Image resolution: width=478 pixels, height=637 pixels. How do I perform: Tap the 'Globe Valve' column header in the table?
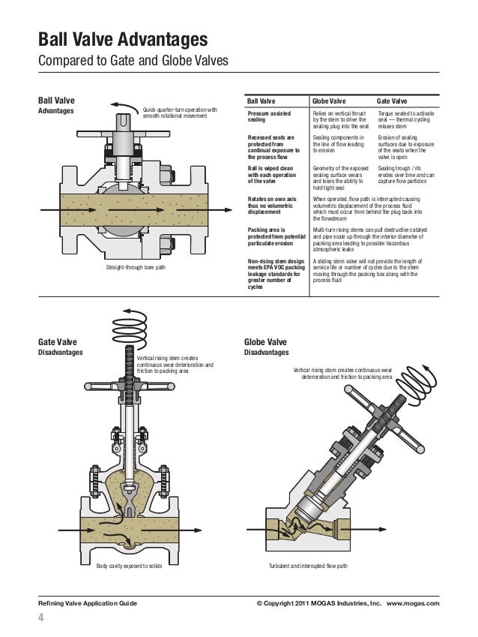coord(329,100)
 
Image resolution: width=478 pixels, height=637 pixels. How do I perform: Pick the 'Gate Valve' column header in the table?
coord(393,100)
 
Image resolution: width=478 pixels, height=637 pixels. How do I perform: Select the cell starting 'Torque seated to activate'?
coord(409,119)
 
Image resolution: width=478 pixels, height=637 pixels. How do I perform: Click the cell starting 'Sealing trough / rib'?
coord(409,176)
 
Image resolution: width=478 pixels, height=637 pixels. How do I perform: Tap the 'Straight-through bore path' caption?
coord(136,266)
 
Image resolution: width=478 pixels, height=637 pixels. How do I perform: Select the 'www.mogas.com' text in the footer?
coord(413,602)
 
